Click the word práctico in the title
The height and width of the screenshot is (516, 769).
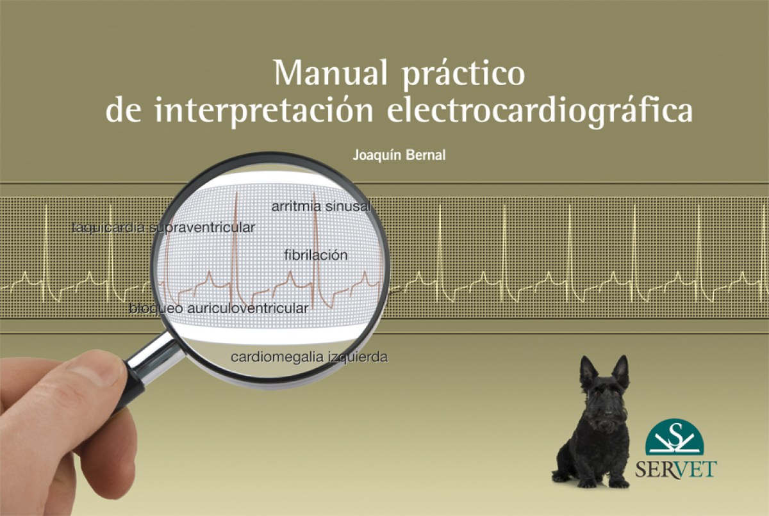(464, 76)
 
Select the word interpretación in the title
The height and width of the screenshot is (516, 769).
(263, 109)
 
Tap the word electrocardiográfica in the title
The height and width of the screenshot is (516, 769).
(540, 109)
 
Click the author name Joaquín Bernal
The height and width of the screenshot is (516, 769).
(399, 156)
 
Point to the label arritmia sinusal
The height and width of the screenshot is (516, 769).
(321, 206)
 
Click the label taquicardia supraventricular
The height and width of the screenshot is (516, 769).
(164, 228)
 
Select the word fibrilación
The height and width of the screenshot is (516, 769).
(316, 255)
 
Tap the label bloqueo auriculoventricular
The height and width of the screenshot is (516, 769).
(219, 308)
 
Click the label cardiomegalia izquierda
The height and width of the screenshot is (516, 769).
(310, 357)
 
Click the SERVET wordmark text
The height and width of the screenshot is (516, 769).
(675, 469)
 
